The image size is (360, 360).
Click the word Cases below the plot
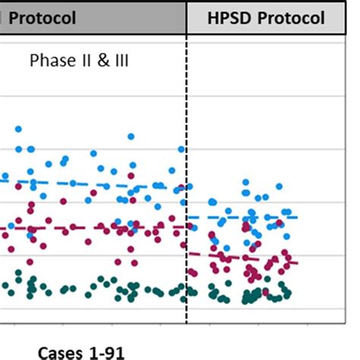pos(60,352)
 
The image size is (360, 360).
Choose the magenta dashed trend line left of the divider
pos(91,228)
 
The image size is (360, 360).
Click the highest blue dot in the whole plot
pos(18,129)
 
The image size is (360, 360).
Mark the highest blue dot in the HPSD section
pos(245,183)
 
